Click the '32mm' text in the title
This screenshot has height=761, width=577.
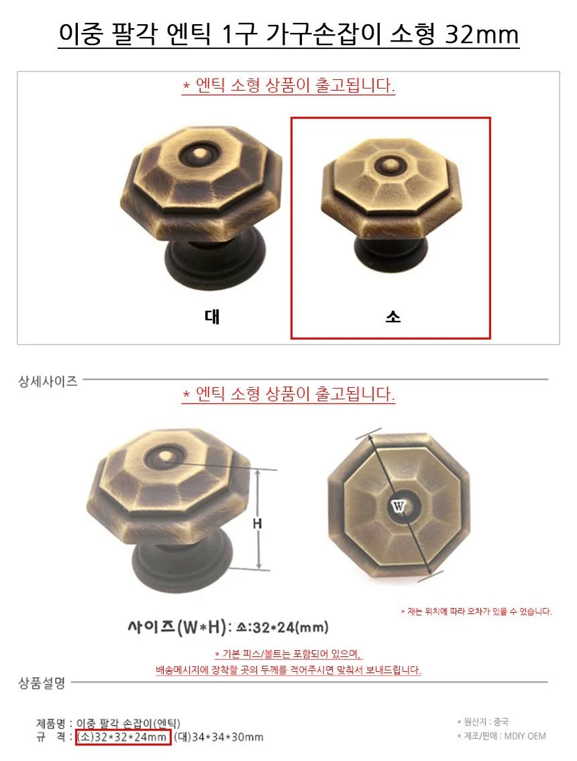coord(482,34)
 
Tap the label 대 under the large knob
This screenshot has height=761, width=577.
coord(212,317)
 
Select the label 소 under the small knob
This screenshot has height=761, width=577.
coord(392,317)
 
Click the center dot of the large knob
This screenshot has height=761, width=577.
coord(199,155)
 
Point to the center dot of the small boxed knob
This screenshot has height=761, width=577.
coord(388,166)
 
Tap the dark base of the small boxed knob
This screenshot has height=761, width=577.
coord(391,252)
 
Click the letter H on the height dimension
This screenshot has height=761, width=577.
coord(257,523)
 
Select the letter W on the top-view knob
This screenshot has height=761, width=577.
coord(398,507)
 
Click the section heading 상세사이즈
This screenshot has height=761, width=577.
coord(48,381)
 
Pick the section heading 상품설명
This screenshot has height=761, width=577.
coord(42,683)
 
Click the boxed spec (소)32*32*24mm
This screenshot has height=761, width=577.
coord(123,737)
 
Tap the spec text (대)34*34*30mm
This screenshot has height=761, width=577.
coord(218,737)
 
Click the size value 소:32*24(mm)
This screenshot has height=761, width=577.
coord(282,627)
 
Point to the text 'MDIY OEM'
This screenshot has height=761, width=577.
coord(525,735)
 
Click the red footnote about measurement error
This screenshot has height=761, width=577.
coord(476,611)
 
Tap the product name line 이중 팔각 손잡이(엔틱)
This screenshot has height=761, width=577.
coord(129,723)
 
